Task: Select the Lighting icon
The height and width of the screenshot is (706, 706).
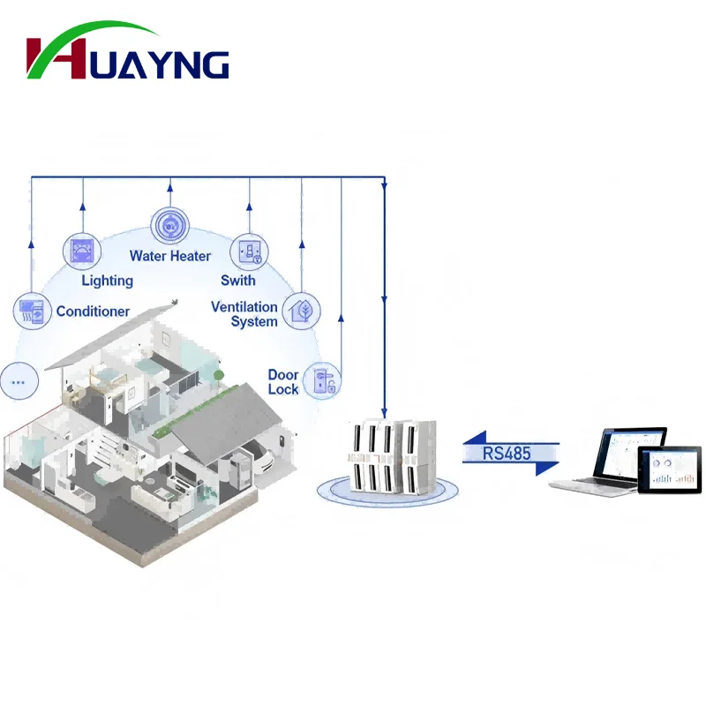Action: click(x=81, y=250)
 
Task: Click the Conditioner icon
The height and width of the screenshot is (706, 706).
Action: click(x=31, y=311)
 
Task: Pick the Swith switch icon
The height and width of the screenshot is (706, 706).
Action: click(x=248, y=252)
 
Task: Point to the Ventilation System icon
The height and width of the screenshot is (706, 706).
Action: click(x=301, y=312)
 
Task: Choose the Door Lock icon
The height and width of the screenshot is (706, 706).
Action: click(x=321, y=381)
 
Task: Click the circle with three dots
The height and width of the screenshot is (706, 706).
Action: click(x=19, y=382)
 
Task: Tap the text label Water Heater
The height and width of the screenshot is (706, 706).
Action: click(x=170, y=256)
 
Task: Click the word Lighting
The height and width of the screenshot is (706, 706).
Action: click(x=107, y=281)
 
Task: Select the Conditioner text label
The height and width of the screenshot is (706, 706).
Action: click(x=93, y=312)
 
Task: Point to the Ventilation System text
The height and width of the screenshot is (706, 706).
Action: click(x=244, y=314)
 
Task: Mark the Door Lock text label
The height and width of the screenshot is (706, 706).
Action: click(x=283, y=382)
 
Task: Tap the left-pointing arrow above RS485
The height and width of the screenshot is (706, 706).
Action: click(x=510, y=438)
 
